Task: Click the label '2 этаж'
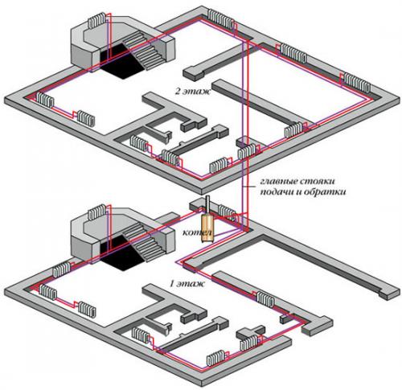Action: tap(193, 91)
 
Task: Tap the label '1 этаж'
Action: tap(187, 283)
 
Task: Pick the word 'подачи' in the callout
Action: tap(276, 192)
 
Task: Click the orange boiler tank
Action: tap(207, 228)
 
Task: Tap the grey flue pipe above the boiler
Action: tap(207, 205)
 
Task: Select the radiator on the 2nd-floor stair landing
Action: tap(96, 20)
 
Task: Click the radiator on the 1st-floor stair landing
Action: tap(96, 211)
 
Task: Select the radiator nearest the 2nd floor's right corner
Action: tap(357, 83)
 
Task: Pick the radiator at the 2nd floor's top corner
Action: tap(220, 18)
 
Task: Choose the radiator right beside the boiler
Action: tap(227, 211)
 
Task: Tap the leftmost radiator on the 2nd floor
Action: tap(45, 100)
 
